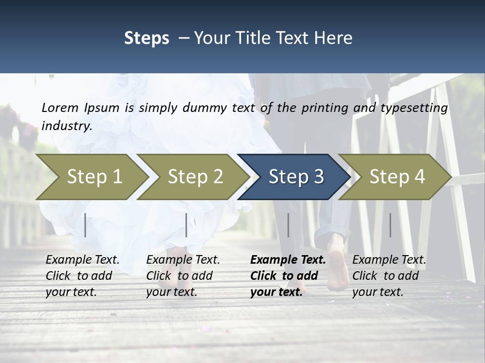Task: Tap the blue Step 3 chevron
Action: coord(296,176)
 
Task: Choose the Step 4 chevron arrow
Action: coord(397,176)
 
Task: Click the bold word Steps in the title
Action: coord(147,38)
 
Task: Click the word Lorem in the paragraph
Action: coord(60,107)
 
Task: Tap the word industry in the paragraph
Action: coord(67,126)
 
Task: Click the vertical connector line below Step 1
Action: coord(85,225)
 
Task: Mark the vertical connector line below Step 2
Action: coord(186,225)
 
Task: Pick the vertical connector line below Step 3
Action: coord(288,225)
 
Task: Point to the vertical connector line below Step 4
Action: coord(390,225)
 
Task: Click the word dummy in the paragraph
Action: coord(199,107)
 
